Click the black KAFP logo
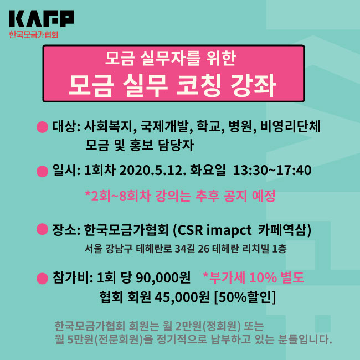click(x=42, y=19)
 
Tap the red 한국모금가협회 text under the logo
click(x=34, y=34)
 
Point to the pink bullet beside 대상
click(x=42, y=127)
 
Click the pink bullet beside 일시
click(x=42, y=171)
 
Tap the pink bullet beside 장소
click(x=42, y=229)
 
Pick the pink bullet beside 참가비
click(x=42, y=278)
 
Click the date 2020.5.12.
click(x=153, y=171)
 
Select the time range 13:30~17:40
click(x=272, y=171)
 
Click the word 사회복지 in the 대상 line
click(x=109, y=126)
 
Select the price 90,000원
click(x=163, y=278)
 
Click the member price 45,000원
click(x=182, y=297)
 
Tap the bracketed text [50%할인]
click(x=245, y=297)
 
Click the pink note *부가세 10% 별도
click(x=254, y=277)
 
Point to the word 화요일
click(x=208, y=171)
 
